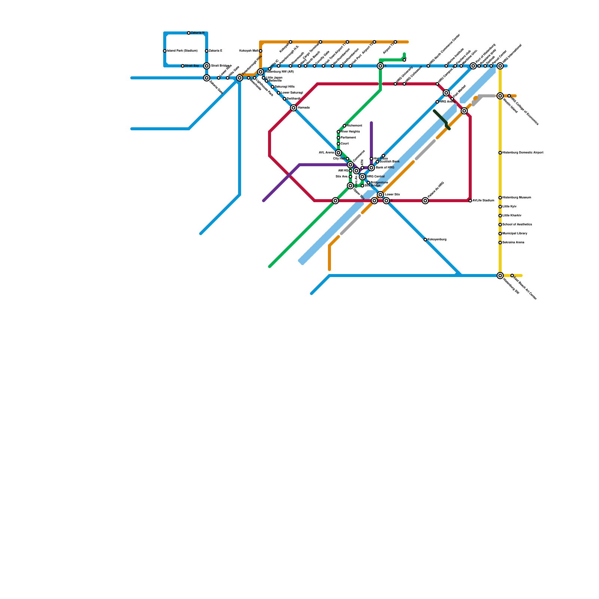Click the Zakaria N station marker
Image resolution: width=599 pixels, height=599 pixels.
(189, 33)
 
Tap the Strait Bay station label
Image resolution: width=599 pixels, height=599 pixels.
(192, 66)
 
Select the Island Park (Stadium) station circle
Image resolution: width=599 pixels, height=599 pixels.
(165, 51)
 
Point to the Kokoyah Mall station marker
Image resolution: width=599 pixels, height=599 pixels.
(261, 51)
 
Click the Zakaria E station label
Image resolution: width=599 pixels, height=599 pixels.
(216, 51)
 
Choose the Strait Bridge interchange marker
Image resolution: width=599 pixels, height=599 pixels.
(207, 66)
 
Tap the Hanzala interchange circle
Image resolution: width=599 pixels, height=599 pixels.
(294, 108)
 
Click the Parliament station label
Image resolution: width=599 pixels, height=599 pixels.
(348, 138)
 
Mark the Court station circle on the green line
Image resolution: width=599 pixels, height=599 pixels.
(338, 144)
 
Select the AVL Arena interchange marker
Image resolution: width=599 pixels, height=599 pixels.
(338, 153)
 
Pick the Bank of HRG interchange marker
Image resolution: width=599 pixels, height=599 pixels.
(371, 168)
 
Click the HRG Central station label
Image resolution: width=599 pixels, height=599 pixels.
(375, 177)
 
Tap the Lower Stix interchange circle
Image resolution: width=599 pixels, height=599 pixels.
(380, 195)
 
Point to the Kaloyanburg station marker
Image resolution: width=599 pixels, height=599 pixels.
(425, 240)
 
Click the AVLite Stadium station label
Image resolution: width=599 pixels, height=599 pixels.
(483, 201)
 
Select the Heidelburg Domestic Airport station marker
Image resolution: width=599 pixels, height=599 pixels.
(500, 153)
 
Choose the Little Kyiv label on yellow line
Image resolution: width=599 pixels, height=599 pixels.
(510, 207)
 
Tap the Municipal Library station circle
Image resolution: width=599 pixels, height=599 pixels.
(500, 234)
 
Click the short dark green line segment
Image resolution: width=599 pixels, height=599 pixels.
(442, 119)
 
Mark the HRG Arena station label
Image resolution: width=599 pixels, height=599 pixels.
(447, 102)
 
